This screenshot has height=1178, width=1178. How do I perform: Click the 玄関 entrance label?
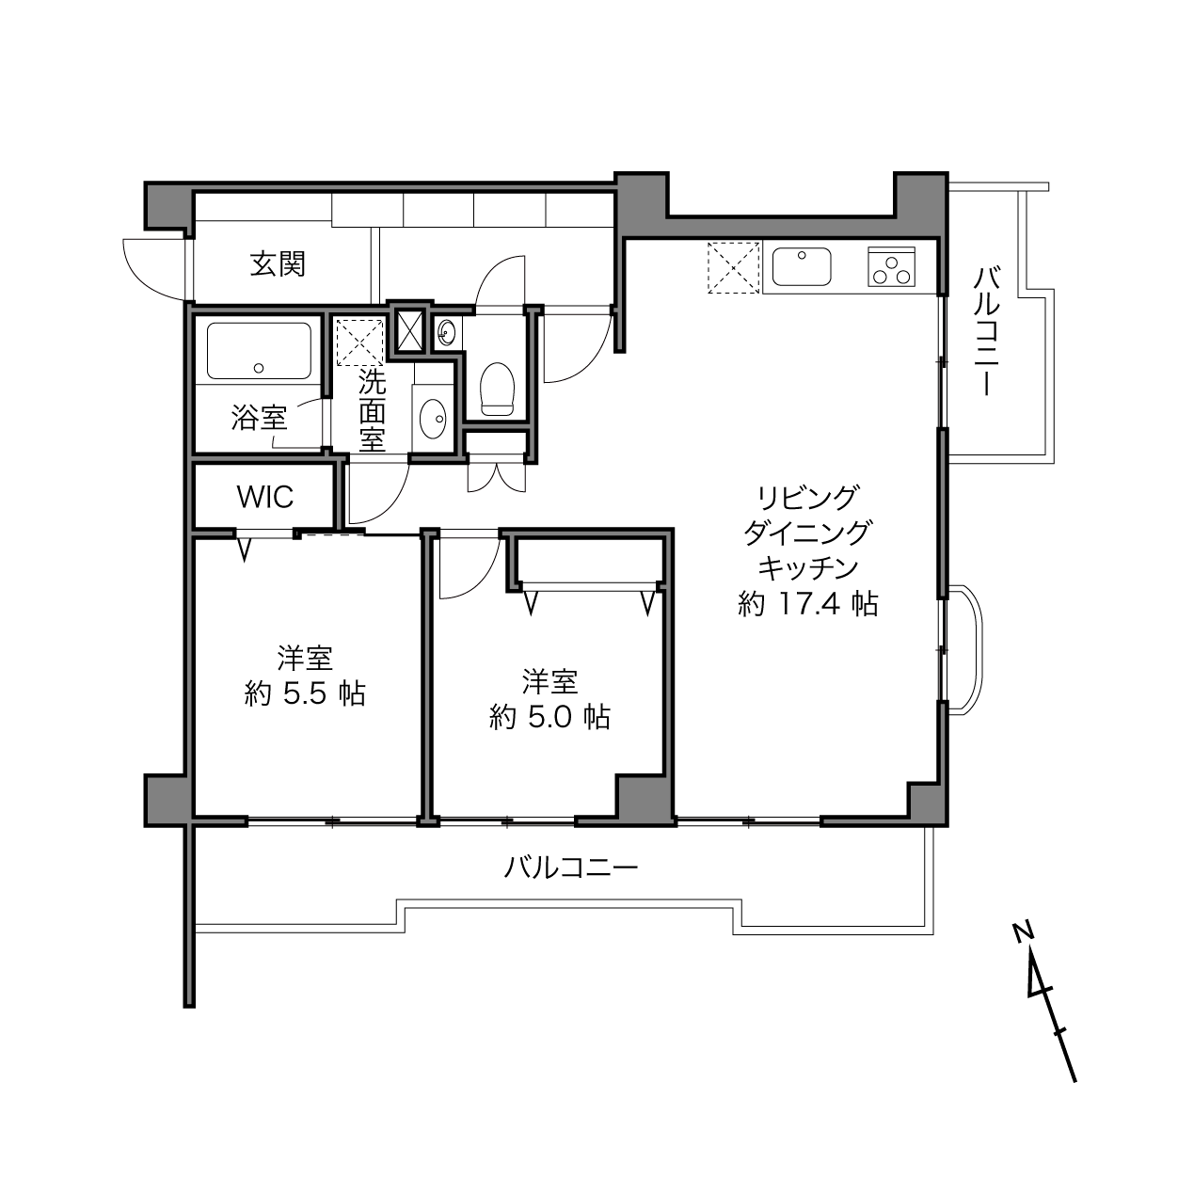[x=278, y=264]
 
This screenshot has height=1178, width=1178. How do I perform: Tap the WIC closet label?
[x=265, y=497]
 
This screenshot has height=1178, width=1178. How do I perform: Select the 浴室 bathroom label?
[x=259, y=418]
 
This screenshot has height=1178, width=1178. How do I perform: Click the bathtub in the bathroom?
[x=259, y=350]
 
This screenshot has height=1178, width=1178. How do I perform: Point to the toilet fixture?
[x=497, y=389]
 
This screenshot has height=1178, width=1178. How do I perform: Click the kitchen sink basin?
[x=802, y=266]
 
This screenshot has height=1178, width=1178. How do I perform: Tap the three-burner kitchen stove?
[x=891, y=266]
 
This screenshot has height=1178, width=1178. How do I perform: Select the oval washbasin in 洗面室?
[x=433, y=418]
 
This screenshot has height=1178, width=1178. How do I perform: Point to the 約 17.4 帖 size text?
[x=808, y=604]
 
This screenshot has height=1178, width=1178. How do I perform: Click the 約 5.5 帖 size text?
[x=305, y=693]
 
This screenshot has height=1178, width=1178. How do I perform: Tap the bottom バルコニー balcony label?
[x=571, y=868]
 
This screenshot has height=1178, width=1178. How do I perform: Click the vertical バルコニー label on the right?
[x=987, y=331]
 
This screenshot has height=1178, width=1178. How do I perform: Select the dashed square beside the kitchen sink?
[x=733, y=268]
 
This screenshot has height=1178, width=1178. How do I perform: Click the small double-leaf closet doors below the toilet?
[x=497, y=478]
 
